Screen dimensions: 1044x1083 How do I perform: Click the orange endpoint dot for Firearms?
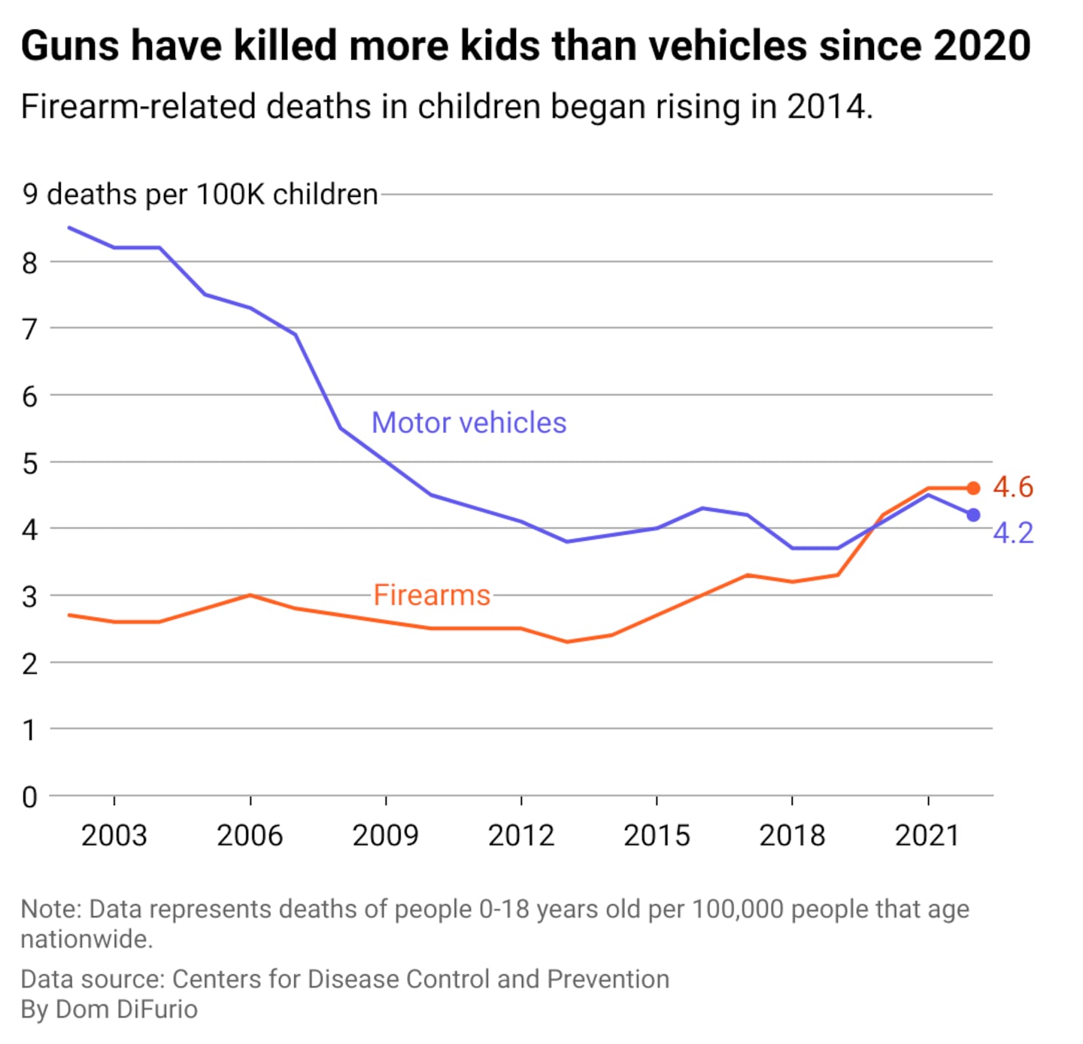point(973,489)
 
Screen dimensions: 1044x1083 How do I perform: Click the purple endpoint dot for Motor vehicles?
point(973,515)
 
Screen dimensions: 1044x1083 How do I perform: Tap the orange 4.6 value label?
point(1012,487)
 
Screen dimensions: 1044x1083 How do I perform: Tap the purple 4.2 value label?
point(1012,533)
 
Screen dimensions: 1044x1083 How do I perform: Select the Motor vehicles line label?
point(469,423)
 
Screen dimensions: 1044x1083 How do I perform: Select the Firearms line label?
point(432,595)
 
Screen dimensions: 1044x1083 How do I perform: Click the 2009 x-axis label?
point(385,835)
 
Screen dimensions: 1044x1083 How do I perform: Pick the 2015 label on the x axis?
point(657,835)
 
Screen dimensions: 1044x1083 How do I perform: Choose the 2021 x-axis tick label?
point(927,835)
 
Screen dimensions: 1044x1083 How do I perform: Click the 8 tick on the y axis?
point(30,263)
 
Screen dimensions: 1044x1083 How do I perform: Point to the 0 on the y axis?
point(30,797)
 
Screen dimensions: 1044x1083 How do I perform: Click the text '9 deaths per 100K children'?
point(200,195)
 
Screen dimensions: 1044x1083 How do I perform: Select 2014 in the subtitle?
point(826,107)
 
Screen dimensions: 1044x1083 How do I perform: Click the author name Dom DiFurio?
point(126,1009)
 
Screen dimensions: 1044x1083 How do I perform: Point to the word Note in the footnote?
point(50,909)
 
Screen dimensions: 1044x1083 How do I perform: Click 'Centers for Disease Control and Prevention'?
point(420,979)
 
